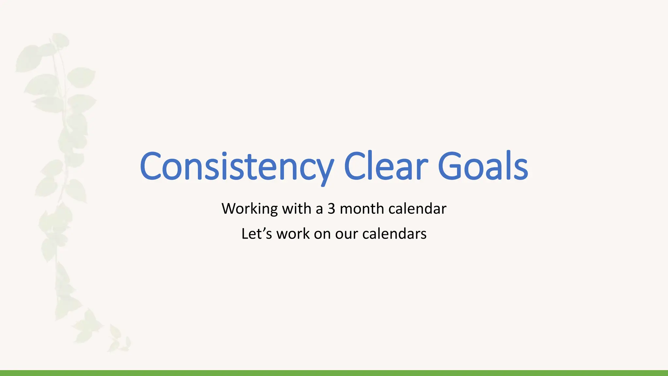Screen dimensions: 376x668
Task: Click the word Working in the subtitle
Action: (x=250, y=209)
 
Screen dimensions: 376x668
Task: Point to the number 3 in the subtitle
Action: (x=331, y=209)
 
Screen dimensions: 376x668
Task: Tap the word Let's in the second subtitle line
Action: (x=256, y=234)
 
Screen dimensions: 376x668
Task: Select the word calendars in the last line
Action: (x=394, y=234)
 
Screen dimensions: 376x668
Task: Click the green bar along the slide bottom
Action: (x=334, y=373)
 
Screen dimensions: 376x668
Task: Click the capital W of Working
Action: (x=230, y=209)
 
